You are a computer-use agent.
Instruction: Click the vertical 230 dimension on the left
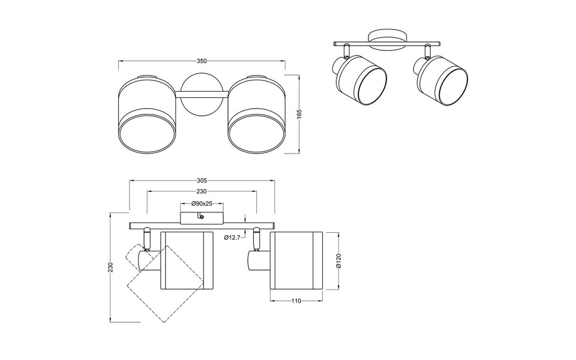click(x=110, y=268)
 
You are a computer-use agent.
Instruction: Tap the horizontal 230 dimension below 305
click(x=202, y=191)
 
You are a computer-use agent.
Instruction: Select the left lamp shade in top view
click(x=147, y=115)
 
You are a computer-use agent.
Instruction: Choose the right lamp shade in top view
click(x=256, y=115)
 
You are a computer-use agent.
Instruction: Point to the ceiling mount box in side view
click(x=202, y=216)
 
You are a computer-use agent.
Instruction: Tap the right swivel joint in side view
click(x=257, y=240)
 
